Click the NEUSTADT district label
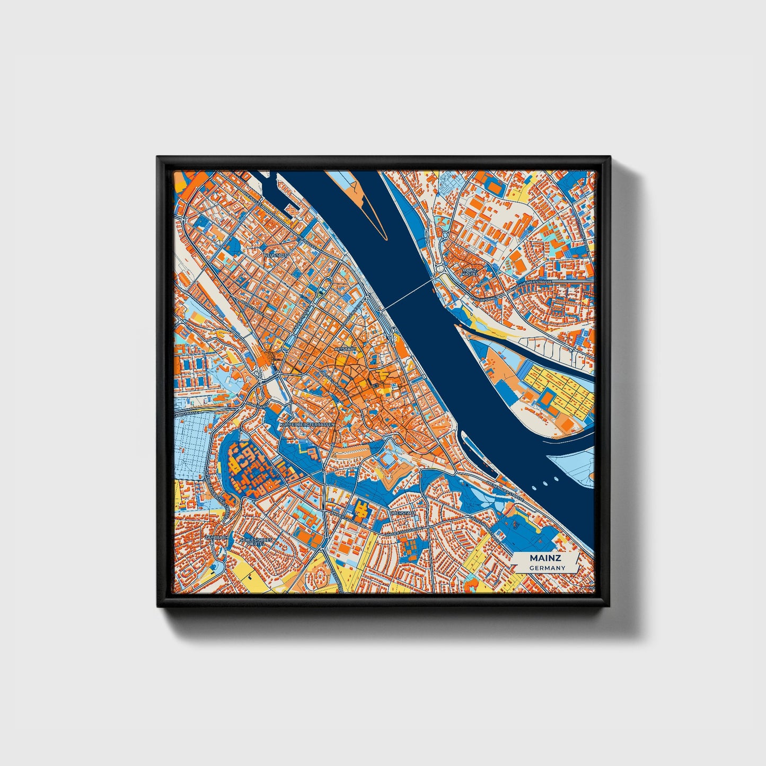[x=276, y=255]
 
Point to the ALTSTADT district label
[x=346, y=349]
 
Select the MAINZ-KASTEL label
[x=470, y=272]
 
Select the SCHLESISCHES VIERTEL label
[x=257, y=541]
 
